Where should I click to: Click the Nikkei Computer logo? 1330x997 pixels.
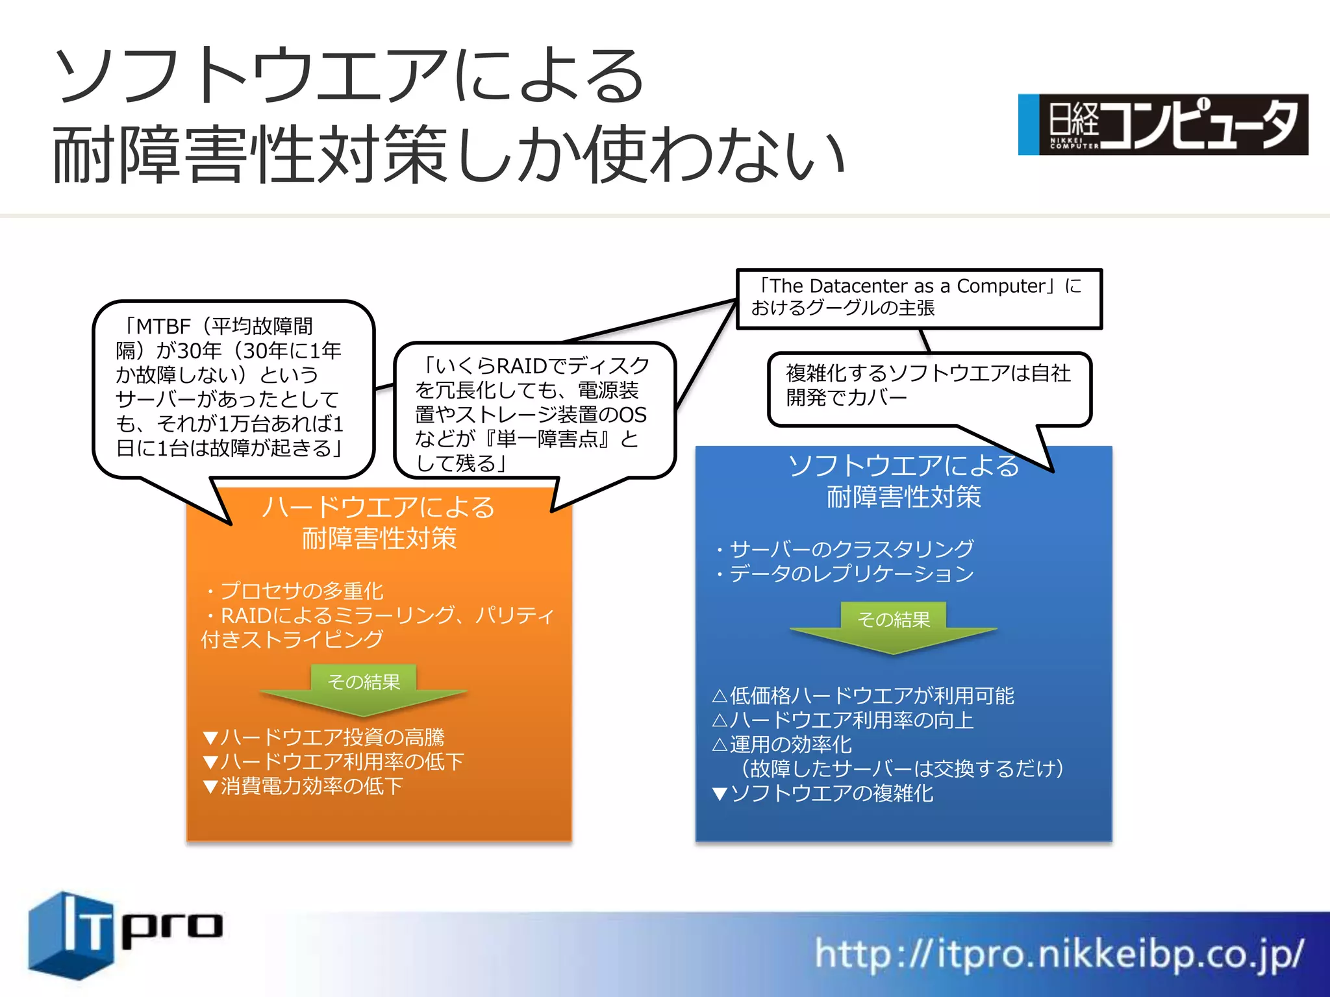[1162, 125]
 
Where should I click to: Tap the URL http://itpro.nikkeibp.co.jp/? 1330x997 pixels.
[1059, 954]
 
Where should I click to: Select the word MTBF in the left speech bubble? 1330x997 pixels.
[163, 326]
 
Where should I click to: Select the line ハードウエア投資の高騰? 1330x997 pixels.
[332, 737]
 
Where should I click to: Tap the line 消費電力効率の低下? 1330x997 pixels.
[312, 786]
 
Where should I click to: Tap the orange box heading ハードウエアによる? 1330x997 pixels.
[379, 508]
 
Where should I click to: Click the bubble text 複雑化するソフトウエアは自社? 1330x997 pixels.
[928, 373]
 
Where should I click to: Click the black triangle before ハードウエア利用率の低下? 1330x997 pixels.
[210, 762]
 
